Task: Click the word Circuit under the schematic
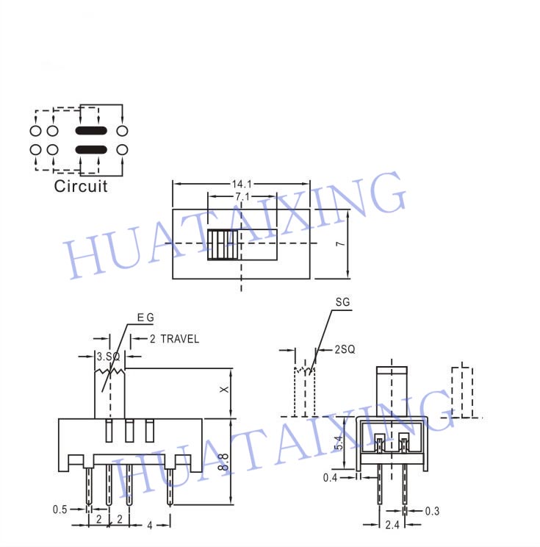[81, 186]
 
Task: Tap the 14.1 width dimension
[242, 184]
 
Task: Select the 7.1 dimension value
[242, 197]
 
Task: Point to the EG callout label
[145, 318]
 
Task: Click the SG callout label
[342, 302]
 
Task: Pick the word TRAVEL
[180, 339]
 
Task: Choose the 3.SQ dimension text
[109, 357]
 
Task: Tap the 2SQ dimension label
[345, 349]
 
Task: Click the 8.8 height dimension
[223, 462]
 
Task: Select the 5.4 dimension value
[338, 443]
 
